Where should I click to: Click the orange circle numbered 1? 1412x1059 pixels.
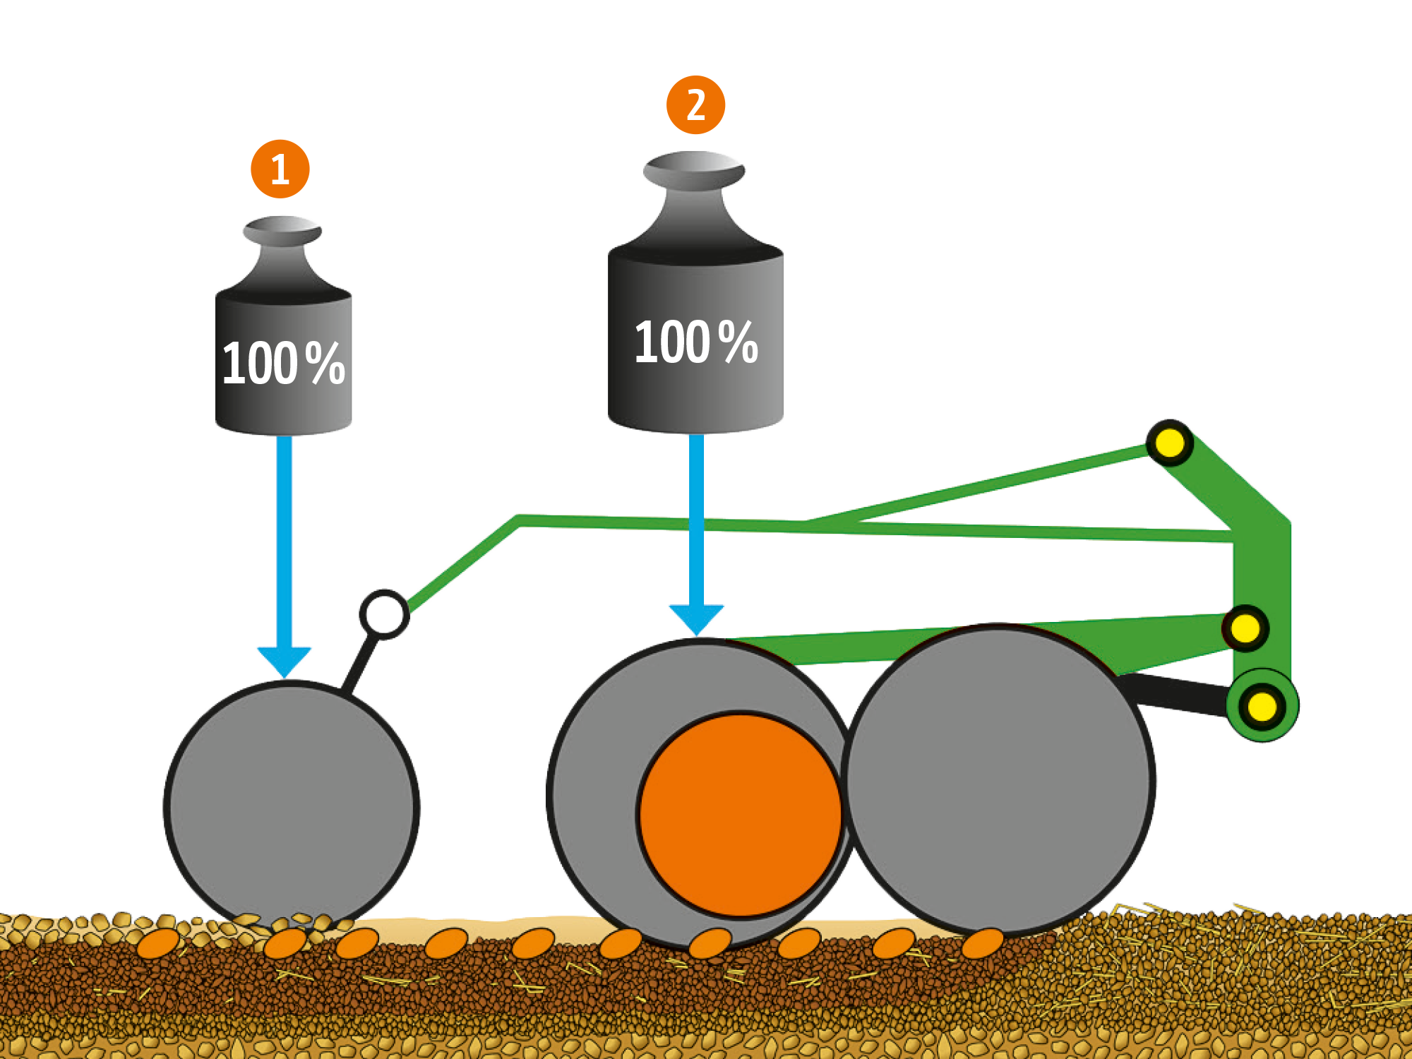pos(280,169)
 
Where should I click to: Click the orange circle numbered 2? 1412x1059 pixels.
pos(695,104)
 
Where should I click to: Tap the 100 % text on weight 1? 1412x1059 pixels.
pos(283,363)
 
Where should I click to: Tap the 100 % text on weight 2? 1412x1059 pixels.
pos(696,342)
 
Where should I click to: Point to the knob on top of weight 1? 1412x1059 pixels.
pos(282,231)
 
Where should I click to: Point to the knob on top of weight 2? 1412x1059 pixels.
pos(694,170)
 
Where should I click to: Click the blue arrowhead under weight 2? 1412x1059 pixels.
pos(696,619)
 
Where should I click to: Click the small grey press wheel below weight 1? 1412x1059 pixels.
pos(292,805)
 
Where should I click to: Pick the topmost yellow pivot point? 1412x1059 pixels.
pos(1169,443)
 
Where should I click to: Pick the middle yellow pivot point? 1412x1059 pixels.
pos(1245,628)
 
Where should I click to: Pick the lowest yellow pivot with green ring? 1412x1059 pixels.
pos(1262,706)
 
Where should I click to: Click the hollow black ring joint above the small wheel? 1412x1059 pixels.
pos(384,614)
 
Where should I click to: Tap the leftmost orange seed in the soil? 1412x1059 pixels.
pos(157,943)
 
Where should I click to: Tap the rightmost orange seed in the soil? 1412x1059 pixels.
pos(982,943)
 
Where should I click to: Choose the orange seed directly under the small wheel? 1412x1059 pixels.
pos(285,943)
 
